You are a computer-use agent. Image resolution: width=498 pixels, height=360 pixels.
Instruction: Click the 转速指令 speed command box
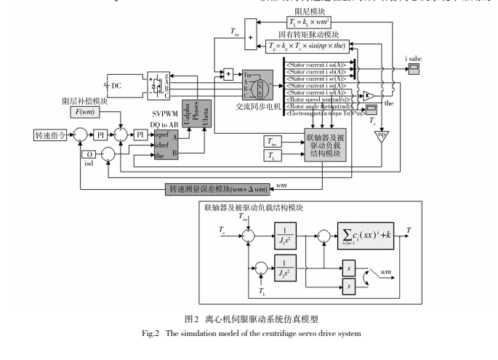pos(52,135)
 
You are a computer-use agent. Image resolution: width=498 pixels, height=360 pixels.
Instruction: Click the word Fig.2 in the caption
pos(150,333)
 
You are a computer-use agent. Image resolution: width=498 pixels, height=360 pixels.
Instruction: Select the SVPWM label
pos(166,115)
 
